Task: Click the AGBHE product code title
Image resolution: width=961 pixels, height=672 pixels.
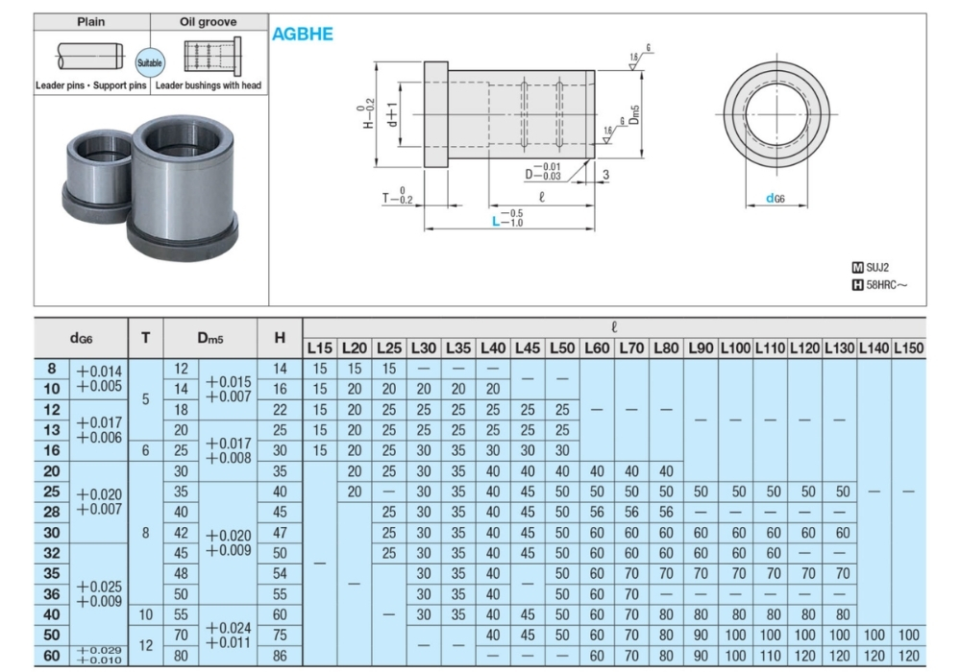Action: coord(302,34)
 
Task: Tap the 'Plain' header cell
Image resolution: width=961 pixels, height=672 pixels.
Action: coord(91,21)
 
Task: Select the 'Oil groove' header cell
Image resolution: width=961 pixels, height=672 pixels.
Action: coord(209,21)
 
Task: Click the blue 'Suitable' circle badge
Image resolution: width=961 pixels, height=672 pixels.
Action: coord(150,62)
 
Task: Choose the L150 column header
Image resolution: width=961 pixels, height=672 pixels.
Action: coord(908,347)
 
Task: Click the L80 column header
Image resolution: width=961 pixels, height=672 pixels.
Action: coord(666,347)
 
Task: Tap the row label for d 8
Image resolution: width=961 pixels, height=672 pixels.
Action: coord(52,369)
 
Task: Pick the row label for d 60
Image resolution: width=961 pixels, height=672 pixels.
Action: coord(52,656)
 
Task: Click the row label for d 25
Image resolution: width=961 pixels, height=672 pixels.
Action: coord(52,492)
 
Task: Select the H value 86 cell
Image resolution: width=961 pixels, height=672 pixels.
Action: coord(280,656)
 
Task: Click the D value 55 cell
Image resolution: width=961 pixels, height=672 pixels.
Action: coord(181,614)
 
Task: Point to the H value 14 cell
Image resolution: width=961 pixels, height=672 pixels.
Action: coord(280,369)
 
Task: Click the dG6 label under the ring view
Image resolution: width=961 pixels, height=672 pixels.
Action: coord(776,199)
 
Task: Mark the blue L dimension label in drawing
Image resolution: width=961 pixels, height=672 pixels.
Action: coord(496,219)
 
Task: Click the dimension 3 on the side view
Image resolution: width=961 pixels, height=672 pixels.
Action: coord(605,175)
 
